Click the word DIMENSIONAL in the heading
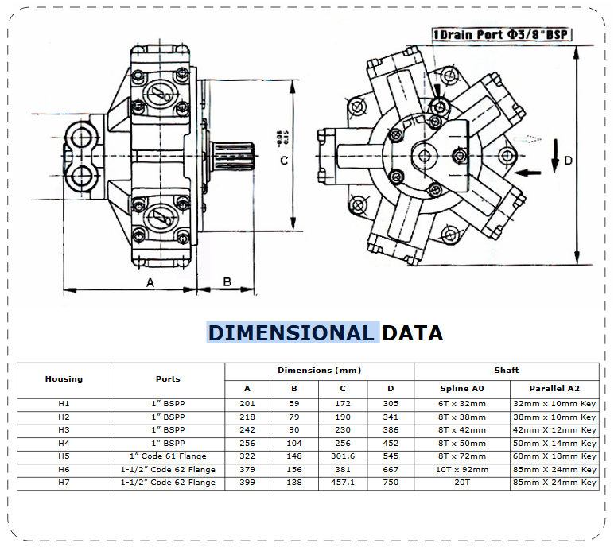pos(291,332)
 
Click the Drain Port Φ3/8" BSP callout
pos(503,34)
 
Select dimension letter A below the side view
pos(150,282)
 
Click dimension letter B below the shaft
pos(227,282)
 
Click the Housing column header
pos(64,379)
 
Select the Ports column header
pos(168,379)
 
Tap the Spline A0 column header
pos(462,389)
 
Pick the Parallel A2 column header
pos(554,389)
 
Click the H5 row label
pos(64,456)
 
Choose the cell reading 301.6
pos(343,456)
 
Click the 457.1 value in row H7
pos(343,483)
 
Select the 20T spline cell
pos(462,483)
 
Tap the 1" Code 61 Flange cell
pos(168,456)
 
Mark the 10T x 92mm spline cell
pos(462,470)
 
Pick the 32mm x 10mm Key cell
pos(554,404)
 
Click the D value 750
pos(391,483)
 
